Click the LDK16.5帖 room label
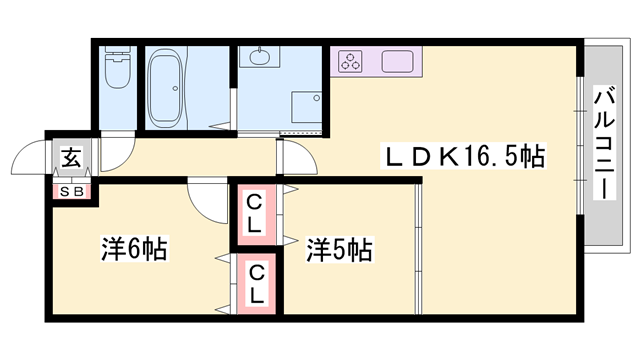(466, 157)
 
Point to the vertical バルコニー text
(604, 146)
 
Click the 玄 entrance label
(72, 158)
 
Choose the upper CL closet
(254, 213)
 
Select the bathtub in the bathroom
(175, 87)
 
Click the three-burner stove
(352, 62)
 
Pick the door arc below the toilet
(116, 150)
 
